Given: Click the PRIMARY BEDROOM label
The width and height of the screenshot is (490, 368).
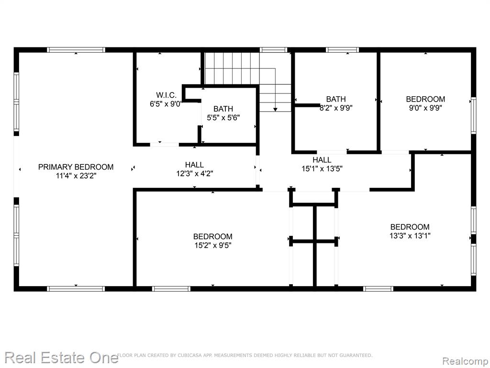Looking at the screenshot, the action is (x=76, y=167).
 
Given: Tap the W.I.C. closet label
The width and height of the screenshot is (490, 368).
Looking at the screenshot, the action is (x=166, y=95).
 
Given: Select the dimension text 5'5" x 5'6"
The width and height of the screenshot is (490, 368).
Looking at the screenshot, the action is (x=223, y=118).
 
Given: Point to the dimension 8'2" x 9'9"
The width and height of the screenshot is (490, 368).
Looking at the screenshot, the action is (x=336, y=108).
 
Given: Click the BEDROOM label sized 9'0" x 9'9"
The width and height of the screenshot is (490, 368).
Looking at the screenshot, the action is (x=425, y=99).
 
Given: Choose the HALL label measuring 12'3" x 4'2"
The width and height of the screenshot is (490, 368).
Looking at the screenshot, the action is (x=194, y=165).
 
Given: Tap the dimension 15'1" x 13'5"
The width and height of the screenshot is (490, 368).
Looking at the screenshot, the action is (x=322, y=169).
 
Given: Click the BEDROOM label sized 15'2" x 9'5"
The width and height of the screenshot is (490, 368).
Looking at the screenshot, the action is (x=213, y=237).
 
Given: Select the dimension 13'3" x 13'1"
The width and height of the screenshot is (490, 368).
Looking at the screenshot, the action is (x=410, y=236).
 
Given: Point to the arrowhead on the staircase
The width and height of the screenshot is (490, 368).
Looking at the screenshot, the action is (x=275, y=109).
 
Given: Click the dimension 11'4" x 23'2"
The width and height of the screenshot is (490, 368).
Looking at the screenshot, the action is (x=76, y=176).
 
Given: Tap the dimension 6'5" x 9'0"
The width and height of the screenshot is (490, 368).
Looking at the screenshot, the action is (x=166, y=104).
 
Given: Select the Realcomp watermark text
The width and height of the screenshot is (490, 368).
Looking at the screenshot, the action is (x=465, y=361).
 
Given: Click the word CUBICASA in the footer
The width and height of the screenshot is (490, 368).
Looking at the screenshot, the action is (x=188, y=355).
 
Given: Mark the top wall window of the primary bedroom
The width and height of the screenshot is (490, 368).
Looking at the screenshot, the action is (x=76, y=50).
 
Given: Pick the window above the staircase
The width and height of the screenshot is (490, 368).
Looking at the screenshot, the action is (x=273, y=50).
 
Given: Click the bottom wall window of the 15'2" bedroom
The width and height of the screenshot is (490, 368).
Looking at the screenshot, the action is (x=171, y=288).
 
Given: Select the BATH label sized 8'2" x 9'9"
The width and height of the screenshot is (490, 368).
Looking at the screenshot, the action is (x=336, y=99).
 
